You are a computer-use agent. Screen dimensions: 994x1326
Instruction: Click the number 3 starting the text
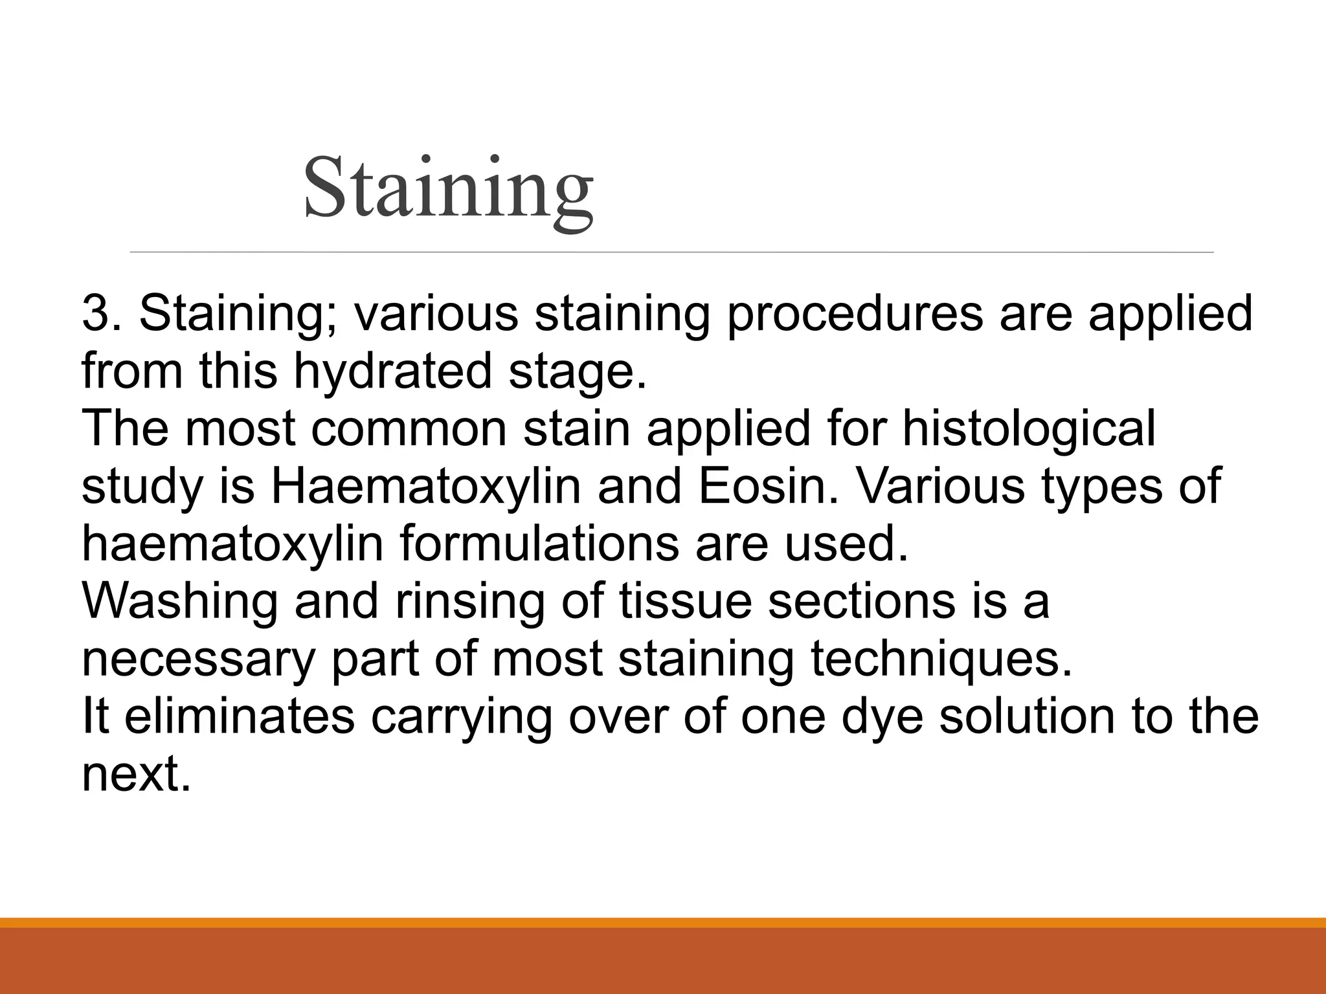coord(95,314)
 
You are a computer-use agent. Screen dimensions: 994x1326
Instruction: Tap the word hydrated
coord(393,372)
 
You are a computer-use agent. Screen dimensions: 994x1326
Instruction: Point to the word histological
coord(1029,428)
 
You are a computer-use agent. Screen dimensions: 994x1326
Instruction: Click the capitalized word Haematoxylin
coord(425,487)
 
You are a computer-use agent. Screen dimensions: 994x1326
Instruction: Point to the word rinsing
coord(469,602)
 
